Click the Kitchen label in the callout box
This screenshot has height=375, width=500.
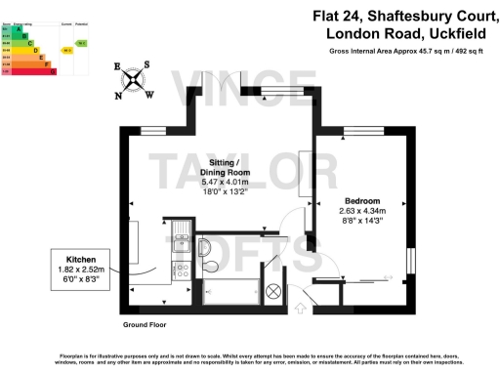pyautogui.click(x=80, y=258)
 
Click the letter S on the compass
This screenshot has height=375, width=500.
pyautogui.click(x=146, y=66)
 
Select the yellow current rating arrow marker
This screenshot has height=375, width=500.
pyautogui.click(x=65, y=49)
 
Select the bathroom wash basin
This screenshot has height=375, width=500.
pyautogui.click(x=206, y=244)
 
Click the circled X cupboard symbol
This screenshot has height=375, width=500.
pyautogui.click(x=273, y=290)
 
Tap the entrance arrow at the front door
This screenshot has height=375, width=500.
pyautogui.click(x=300, y=310)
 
